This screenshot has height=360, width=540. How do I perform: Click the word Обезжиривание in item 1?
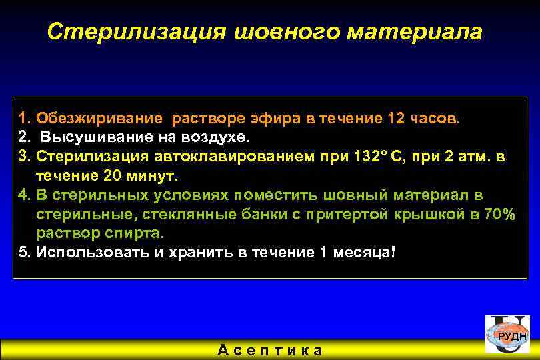point(99,119)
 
